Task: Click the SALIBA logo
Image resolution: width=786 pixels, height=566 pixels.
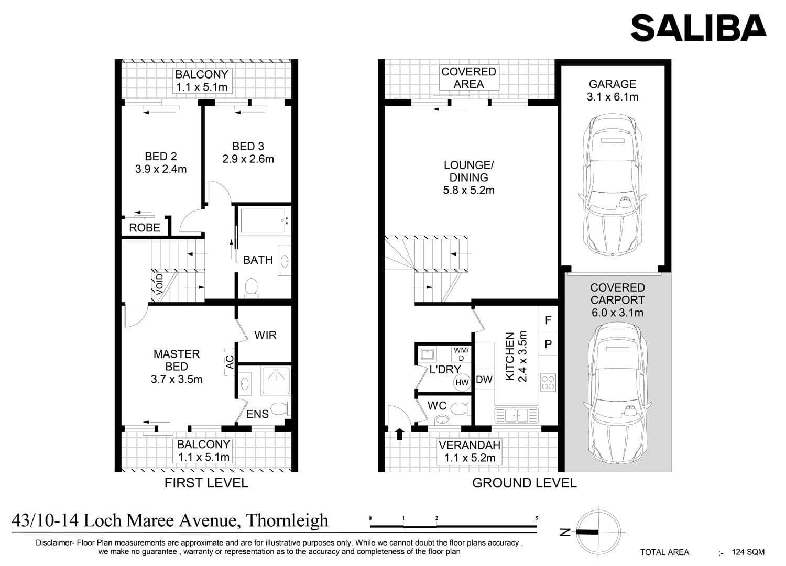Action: [x=698, y=28]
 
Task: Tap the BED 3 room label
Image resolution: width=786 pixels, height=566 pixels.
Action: [x=248, y=146]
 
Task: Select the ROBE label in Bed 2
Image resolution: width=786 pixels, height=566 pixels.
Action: [x=145, y=228]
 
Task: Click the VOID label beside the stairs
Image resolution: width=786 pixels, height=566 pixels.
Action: [x=160, y=284]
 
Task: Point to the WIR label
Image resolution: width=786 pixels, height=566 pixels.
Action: [x=266, y=335]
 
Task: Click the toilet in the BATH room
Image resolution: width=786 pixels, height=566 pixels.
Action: [x=251, y=287]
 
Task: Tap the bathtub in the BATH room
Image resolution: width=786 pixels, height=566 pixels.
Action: [x=263, y=221]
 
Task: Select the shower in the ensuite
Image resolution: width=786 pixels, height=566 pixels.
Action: [x=276, y=381]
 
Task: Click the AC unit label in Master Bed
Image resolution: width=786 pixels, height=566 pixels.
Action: [x=230, y=362]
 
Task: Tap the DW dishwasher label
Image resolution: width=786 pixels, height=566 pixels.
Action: [x=484, y=380]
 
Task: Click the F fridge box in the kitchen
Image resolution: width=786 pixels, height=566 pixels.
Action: [x=548, y=320]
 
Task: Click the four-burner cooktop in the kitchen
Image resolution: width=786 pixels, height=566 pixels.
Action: [x=548, y=383]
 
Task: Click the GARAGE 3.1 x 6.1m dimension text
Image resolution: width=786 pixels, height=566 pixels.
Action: [x=613, y=97]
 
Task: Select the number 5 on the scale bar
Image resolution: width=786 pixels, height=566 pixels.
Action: [x=537, y=518]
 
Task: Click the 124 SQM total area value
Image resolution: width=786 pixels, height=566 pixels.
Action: [x=748, y=552]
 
